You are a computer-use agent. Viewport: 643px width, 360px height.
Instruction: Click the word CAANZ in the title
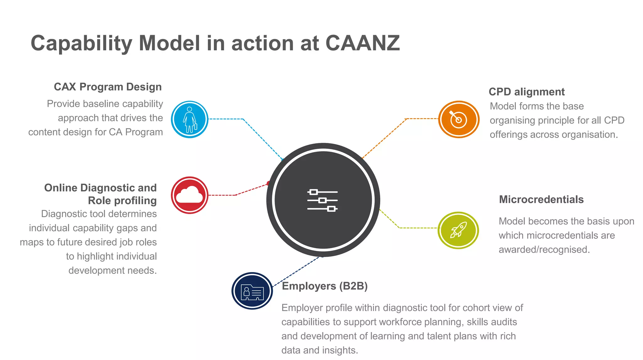363,43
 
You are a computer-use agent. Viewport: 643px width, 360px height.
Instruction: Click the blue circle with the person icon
190,119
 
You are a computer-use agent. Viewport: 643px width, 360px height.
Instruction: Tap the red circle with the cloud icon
190,195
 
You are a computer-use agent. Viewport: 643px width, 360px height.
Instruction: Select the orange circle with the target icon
459,119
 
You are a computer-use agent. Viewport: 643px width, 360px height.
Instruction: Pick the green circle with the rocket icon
458,230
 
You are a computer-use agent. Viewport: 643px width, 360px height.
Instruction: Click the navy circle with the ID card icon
252,291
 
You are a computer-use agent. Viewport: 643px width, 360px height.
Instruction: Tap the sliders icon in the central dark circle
322,200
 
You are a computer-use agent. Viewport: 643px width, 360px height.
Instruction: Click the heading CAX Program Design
108,87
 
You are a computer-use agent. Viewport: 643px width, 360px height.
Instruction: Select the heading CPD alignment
527,92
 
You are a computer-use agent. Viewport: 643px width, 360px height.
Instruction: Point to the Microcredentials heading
541,199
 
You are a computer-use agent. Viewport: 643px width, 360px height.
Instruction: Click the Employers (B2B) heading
325,286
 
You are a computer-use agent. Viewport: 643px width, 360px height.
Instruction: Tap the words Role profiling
122,200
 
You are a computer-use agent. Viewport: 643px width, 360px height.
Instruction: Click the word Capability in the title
81,43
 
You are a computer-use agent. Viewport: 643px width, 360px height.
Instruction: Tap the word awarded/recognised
544,249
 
